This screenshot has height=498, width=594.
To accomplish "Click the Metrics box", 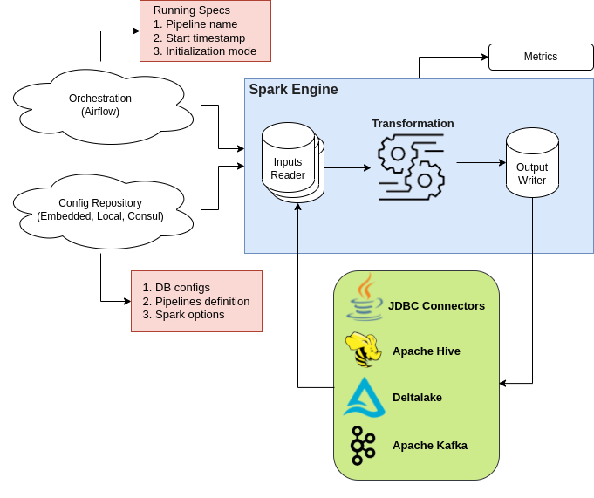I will click(x=541, y=57).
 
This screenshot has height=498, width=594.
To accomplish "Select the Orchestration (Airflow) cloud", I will click(x=100, y=105).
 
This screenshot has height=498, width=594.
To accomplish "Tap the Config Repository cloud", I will click(x=100, y=209).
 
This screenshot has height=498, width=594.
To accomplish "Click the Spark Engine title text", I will click(x=293, y=90).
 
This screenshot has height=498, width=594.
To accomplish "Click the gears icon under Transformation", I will click(x=411, y=167).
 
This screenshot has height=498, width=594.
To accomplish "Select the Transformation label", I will click(x=413, y=124).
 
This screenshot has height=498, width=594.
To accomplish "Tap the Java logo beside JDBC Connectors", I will click(x=365, y=297).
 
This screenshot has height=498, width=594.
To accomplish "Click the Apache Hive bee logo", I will click(x=362, y=350).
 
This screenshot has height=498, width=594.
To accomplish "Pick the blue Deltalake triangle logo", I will click(x=364, y=397).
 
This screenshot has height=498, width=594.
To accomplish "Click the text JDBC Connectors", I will click(x=436, y=306).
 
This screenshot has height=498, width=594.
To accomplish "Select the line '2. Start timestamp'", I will click(x=199, y=38).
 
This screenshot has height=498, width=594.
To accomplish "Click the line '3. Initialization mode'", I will click(x=205, y=51).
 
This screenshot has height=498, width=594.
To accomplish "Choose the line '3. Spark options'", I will click(x=183, y=315).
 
